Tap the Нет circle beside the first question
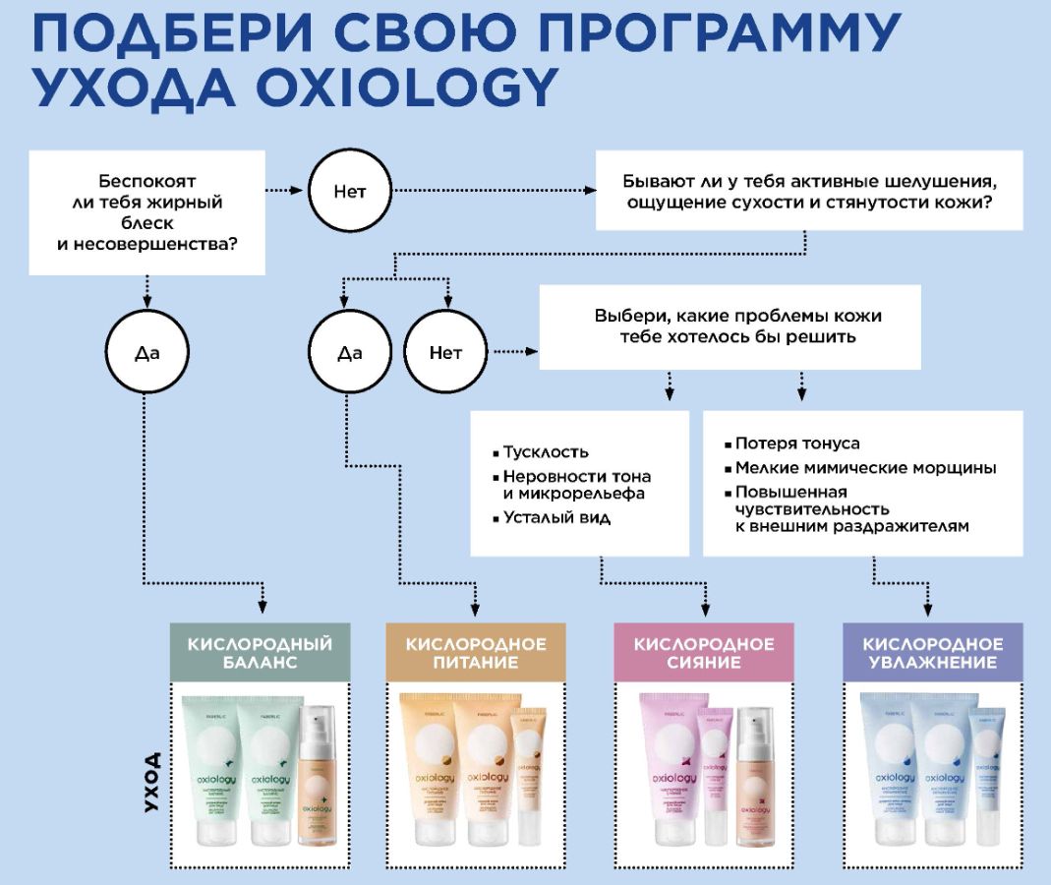point(350,191)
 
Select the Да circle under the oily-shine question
point(146,352)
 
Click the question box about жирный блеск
point(147,211)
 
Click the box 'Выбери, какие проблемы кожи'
point(730,326)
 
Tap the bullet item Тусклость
point(546,452)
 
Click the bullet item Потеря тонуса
point(797,443)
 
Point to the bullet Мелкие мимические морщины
point(865,468)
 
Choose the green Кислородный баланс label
point(261,653)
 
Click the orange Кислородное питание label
point(476,653)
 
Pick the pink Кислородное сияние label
point(704,653)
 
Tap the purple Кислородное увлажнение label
point(933,653)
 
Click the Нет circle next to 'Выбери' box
point(445,352)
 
